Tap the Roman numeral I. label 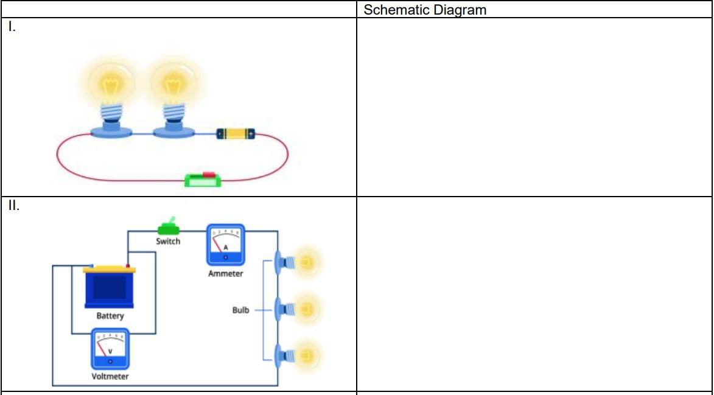[x=12, y=27]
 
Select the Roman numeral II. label [x=14, y=206]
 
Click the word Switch [x=168, y=242]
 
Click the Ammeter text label [x=225, y=274]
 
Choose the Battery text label [x=110, y=316]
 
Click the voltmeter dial [x=110, y=349]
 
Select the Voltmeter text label [x=110, y=376]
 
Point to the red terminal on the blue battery [x=128, y=265]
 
